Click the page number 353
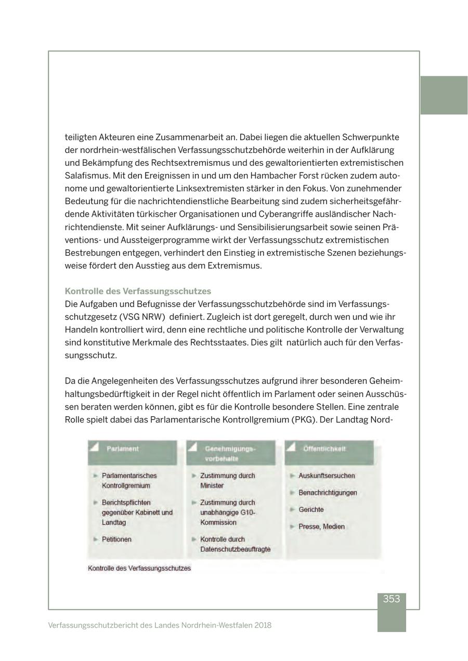pos(391,599)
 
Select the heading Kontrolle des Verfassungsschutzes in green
pos(138,291)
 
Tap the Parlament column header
pos(123,448)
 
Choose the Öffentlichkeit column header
pos(324,448)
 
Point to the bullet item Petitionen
pos(116,539)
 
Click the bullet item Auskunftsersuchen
pos(327,475)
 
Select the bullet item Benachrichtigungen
pos(328,493)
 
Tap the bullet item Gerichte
pos(311,510)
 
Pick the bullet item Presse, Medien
pos(321,526)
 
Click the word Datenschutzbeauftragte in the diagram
pos(235,549)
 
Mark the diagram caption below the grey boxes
pos(139,568)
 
